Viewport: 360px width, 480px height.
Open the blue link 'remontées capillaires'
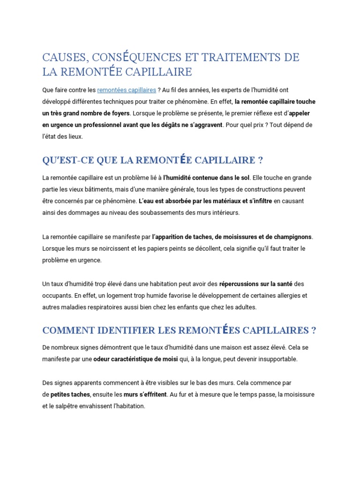point(127,90)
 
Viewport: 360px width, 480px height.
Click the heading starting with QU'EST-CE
point(152,160)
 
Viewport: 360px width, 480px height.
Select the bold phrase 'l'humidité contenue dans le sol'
point(207,178)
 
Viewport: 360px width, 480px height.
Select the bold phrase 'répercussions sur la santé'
point(256,284)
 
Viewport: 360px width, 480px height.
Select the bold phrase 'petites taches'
point(70,395)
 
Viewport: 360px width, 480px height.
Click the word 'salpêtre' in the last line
point(68,406)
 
